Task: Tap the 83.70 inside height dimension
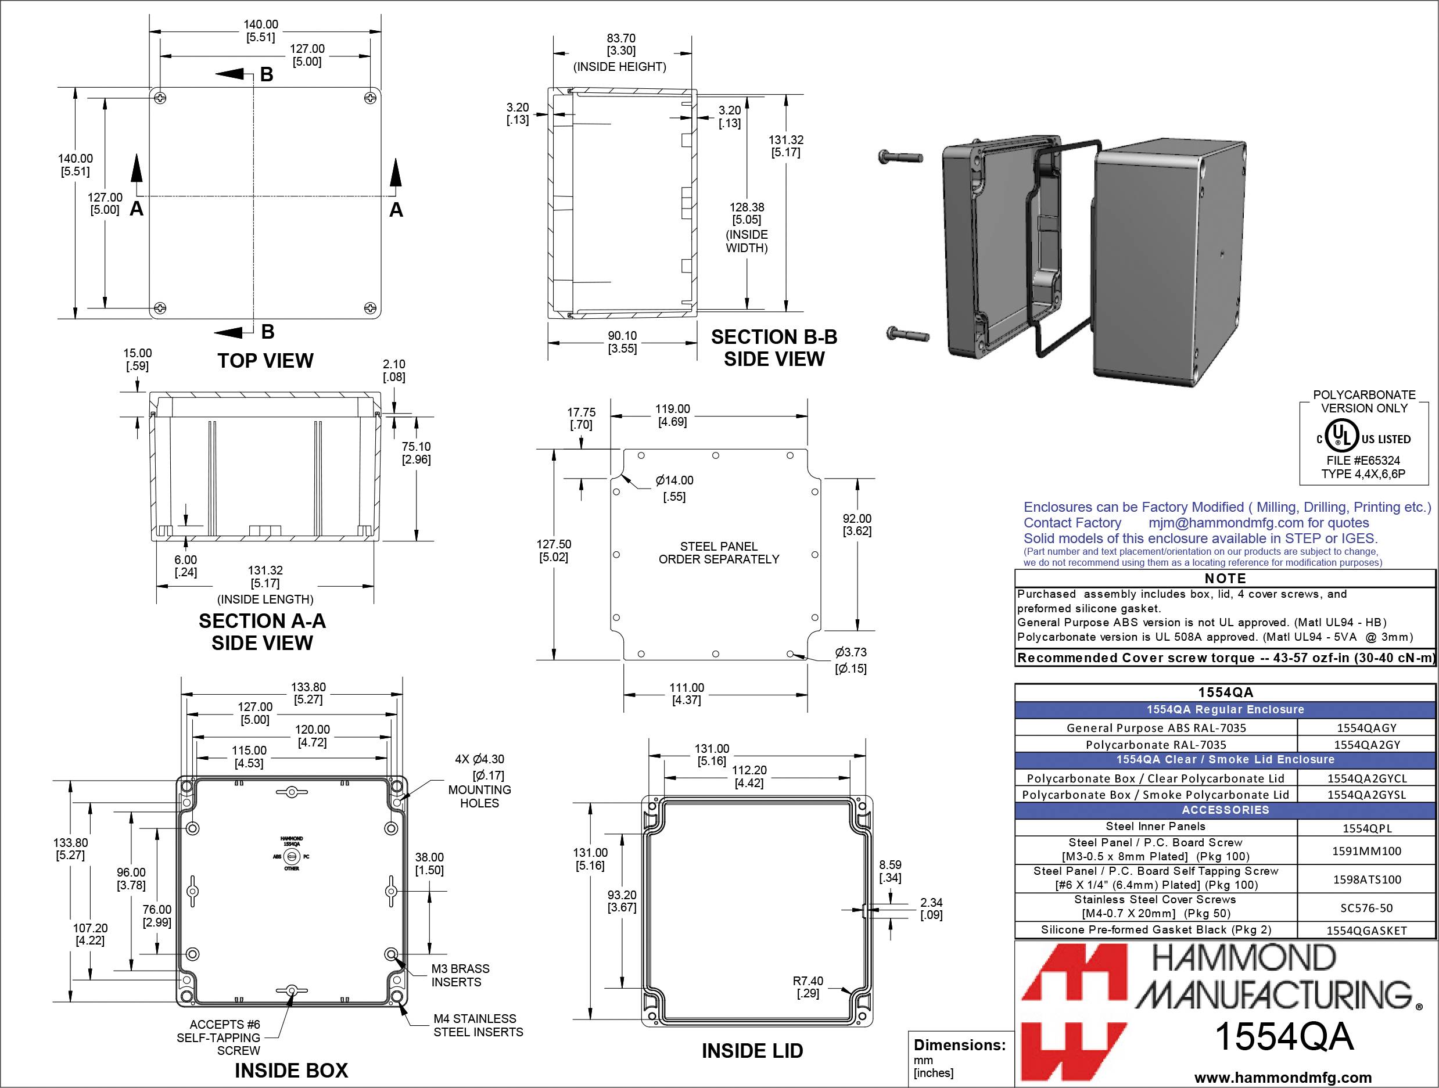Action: [x=620, y=45]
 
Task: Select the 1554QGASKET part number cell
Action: [x=1366, y=931]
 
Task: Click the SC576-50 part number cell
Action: [x=1366, y=908]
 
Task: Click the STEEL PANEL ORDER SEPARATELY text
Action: [x=718, y=553]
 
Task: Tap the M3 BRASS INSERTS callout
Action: [x=460, y=975]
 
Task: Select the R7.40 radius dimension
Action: [x=808, y=987]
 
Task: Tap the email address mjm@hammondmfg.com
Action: [x=1226, y=523]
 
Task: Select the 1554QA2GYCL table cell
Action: [x=1366, y=778]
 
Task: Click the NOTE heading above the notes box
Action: [x=1225, y=578]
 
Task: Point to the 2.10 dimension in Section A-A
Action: [x=393, y=370]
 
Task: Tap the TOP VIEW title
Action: [x=265, y=361]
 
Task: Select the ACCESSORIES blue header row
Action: [x=1225, y=810]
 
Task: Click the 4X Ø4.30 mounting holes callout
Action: [x=479, y=780]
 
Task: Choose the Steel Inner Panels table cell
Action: [x=1155, y=827]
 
